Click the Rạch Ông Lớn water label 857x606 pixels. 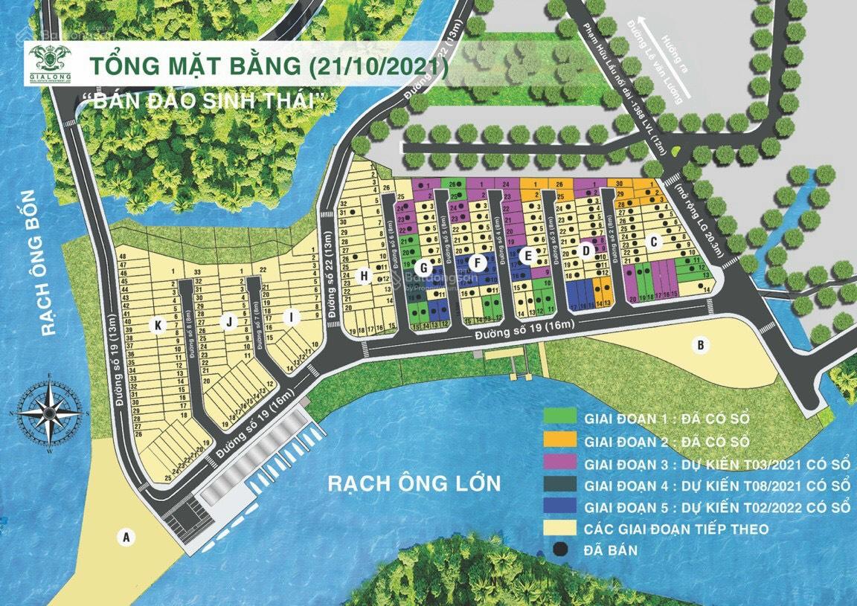pyautogui.click(x=414, y=484)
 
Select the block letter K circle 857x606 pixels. pyautogui.click(x=158, y=324)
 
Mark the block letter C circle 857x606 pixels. pyautogui.click(x=654, y=241)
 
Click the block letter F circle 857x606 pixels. pyautogui.click(x=477, y=262)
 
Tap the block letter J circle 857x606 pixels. pyautogui.click(x=231, y=321)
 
